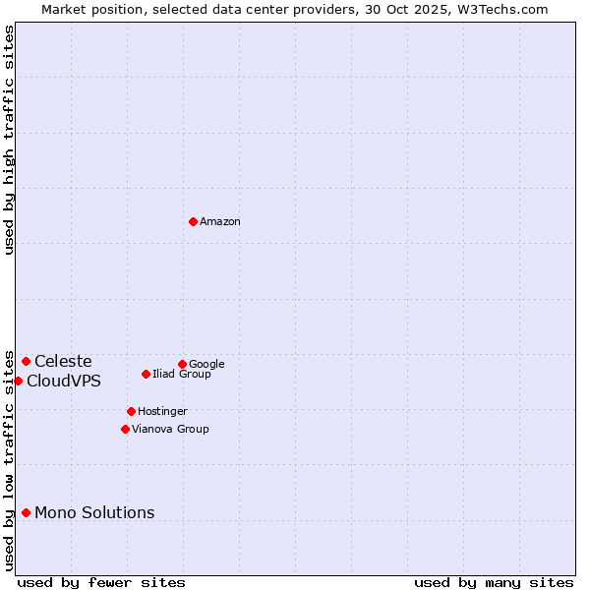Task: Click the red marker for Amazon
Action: [x=193, y=221]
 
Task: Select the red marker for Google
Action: [x=182, y=364]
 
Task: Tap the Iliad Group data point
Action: [x=146, y=374]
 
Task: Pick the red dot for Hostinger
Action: [x=131, y=411]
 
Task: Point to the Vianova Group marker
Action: [x=125, y=429]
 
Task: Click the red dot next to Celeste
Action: [x=26, y=361]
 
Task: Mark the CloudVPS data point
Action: [x=18, y=381]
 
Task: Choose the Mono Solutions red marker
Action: [x=26, y=512]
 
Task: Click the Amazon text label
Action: [x=220, y=222]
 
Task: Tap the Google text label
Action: [x=206, y=365]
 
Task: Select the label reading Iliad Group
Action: [x=182, y=375]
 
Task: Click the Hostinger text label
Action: [x=162, y=412]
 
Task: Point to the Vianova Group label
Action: [x=170, y=430]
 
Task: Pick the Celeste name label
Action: [x=63, y=362]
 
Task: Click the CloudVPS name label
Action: [x=64, y=382]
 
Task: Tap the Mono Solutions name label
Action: [x=94, y=513]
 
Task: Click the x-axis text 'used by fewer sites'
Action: [x=101, y=582]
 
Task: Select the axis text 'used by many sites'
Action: [x=494, y=582]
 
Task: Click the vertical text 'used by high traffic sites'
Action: [x=10, y=140]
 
